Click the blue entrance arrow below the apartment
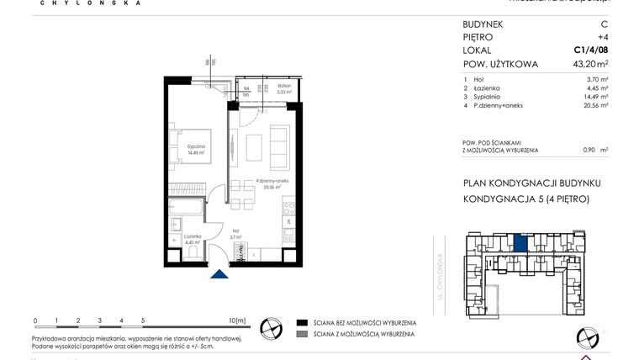[x=219, y=273]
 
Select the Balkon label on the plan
[x=284, y=86]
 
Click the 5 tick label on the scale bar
[x=143, y=320]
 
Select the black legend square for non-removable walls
[x=302, y=322]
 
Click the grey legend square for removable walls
[x=302, y=335]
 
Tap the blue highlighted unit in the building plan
[x=521, y=244]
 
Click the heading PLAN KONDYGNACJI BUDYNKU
[x=531, y=183]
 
